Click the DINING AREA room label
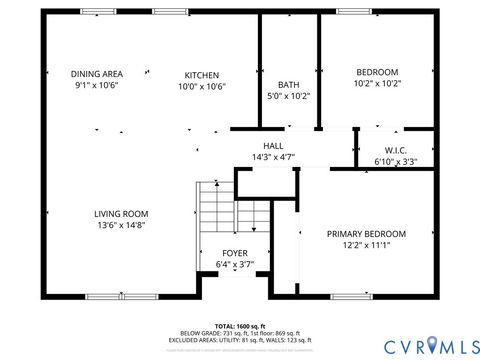tap(97, 74)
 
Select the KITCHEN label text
tap(202, 75)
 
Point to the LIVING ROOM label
tap(121, 213)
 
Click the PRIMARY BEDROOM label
tap(366, 234)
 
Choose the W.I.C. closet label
tap(395, 150)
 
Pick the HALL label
tap(273, 145)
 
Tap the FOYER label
tap(235, 253)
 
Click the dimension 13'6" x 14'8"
tap(121, 226)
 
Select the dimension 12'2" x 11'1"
tap(366, 246)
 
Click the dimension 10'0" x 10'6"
tap(202, 87)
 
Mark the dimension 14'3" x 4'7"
tap(273, 157)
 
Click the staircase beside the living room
tap(214, 212)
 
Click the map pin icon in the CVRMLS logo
tap(432, 345)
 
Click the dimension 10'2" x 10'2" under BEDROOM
tap(377, 85)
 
